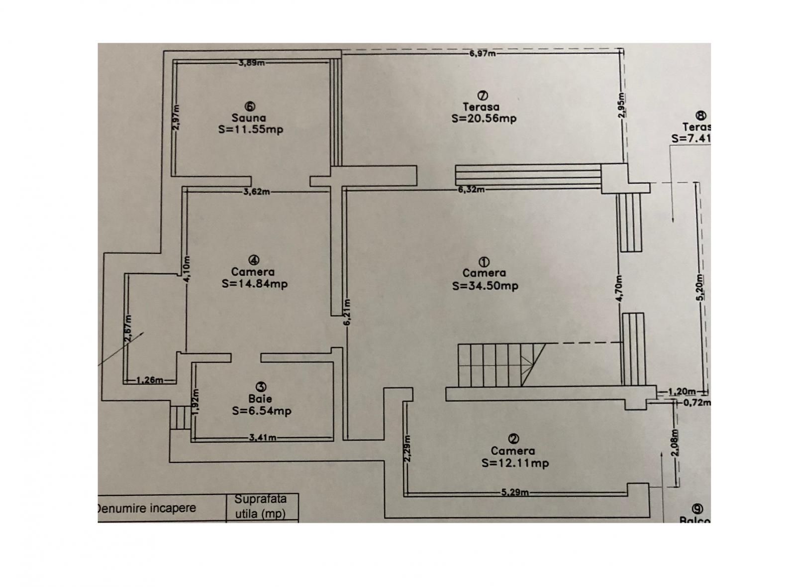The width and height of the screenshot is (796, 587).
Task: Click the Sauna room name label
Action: [x=249, y=118]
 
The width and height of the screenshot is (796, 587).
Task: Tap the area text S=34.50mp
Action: [x=485, y=286]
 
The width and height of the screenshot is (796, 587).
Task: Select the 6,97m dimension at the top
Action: [x=482, y=54]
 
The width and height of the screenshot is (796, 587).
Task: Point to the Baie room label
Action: [x=260, y=399]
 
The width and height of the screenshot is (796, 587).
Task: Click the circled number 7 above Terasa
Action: [x=482, y=95]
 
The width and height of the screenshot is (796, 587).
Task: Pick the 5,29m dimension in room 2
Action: [x=514, y=493]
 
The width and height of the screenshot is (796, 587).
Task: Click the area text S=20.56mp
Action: [x=484, y=118]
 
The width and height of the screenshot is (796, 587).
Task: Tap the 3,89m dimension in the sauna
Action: [x=251, y=63]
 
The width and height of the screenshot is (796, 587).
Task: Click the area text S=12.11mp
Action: [x=515, y=463]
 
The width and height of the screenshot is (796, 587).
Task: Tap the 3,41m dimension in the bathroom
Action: [x=262, y=438]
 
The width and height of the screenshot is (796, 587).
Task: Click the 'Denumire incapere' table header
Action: [x=145, y=508]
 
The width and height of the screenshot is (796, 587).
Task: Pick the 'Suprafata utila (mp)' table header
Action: [x=260, y=506]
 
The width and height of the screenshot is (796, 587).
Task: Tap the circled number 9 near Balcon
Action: [x=697, y=509]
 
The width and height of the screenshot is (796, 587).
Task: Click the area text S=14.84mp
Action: [x=254, y=284]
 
